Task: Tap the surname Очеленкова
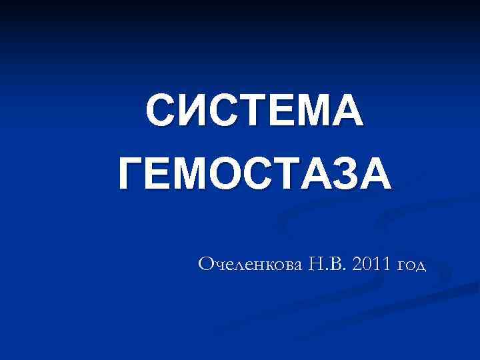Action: (x=250, y=265)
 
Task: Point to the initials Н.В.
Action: (x=326, y=265)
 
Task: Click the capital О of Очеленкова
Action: (x=207, y=265)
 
